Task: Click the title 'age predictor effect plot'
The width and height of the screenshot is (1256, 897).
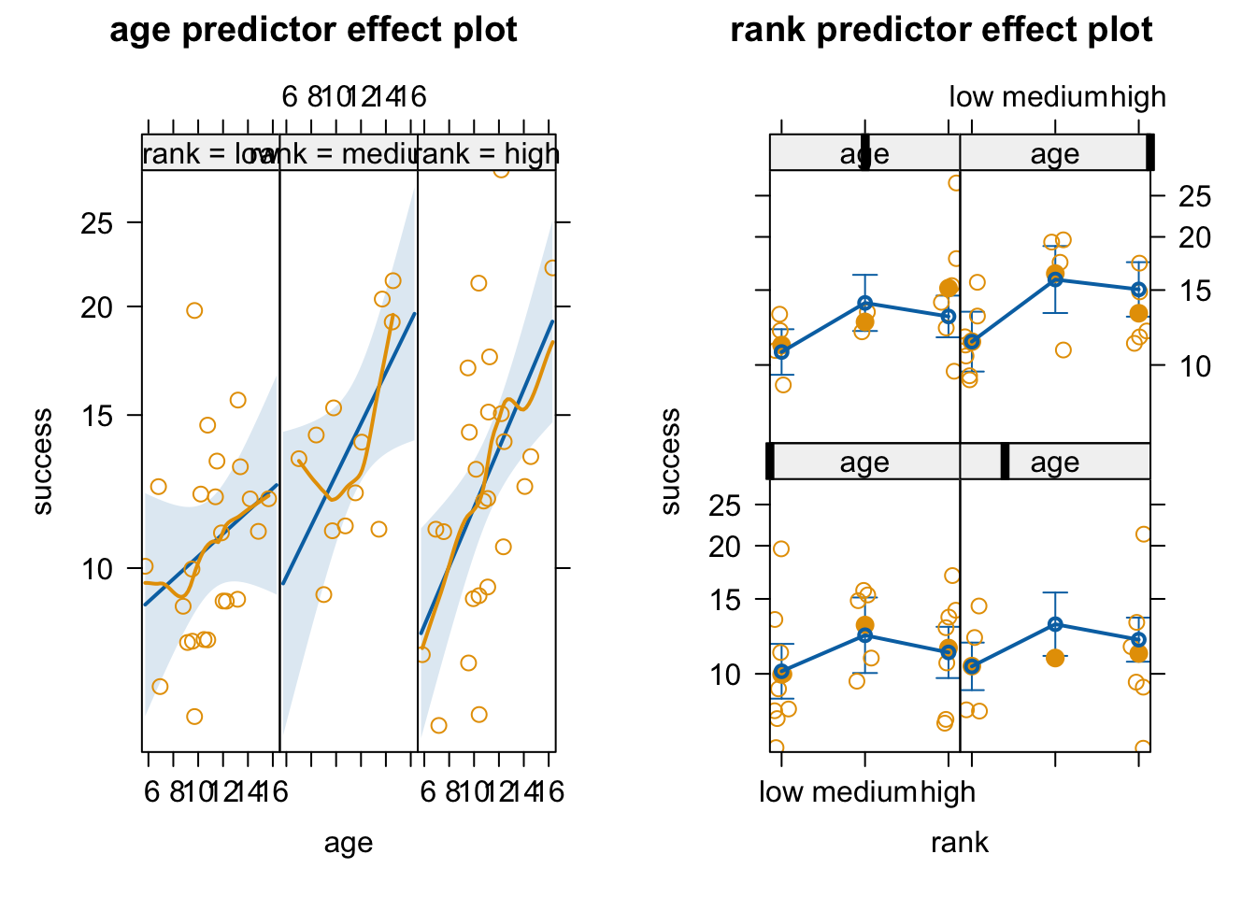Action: tap(313, 30)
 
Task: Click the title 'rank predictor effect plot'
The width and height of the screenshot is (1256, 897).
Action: tap(941, 30)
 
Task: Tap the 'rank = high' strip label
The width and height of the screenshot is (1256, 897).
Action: tap(488, 154)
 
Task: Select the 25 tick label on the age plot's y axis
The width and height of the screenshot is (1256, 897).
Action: tap(97, 223)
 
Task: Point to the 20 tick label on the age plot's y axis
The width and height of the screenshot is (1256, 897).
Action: tap(97, 307)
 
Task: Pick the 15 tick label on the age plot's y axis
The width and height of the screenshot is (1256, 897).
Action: tap(97, 416)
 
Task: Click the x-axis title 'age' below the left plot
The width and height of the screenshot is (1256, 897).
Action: tap(349, 843)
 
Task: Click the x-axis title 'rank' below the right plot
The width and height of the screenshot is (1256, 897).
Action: tap(960, 843)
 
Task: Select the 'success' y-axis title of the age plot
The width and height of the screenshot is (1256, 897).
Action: tap(42, 462)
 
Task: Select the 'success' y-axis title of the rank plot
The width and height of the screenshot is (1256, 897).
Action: tap(670, 462)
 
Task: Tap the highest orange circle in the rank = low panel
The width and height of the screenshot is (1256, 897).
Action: tap(194, 310)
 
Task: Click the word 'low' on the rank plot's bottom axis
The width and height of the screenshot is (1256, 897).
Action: tap(781, 792)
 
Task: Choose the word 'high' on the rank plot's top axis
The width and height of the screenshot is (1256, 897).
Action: tap(1138, 97)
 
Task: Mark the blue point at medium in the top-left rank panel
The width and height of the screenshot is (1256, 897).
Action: tap(864, 303)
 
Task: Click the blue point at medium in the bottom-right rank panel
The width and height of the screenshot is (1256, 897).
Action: tap(1055, 624)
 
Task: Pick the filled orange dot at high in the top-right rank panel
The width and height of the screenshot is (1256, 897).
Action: tap(1138, 313)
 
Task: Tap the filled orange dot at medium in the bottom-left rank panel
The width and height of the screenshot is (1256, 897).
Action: tap(864, 625)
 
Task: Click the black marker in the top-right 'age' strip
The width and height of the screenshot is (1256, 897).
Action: tap(1150, 152)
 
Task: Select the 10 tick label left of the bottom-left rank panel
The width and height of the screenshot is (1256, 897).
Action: tap(725, 674)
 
